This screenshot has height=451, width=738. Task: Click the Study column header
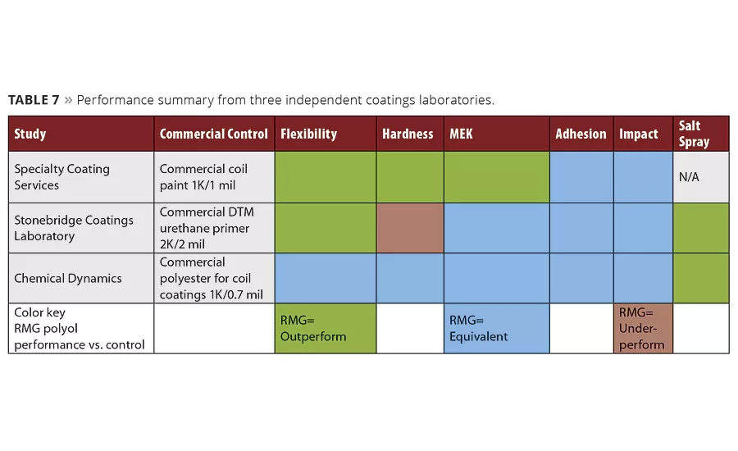tap(30, 134)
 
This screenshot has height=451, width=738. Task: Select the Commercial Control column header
tap(213, 134)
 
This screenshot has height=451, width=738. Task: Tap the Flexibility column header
tap(308, 134)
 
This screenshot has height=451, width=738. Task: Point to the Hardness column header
tap(408, 134)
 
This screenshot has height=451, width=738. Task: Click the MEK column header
tap(461, 134)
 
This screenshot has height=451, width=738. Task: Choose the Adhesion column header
tap(581, 134)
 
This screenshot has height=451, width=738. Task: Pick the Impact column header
tap(639, 134)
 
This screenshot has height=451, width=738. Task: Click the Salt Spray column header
tap(694, 134)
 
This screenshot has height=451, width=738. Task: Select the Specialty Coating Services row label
tap(61, 177)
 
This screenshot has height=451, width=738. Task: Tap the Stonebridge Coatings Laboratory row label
tap(73, 228)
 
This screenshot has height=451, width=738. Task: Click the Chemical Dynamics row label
tap(67, 278)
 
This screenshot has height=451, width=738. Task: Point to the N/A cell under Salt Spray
tap(689, 177)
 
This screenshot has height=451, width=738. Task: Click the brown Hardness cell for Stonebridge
tap(409, 228)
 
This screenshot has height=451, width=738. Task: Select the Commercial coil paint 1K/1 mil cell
tap(203, 177)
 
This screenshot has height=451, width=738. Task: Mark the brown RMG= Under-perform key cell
tap(643, 329)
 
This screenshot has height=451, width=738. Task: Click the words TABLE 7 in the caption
tap(34, 100)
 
